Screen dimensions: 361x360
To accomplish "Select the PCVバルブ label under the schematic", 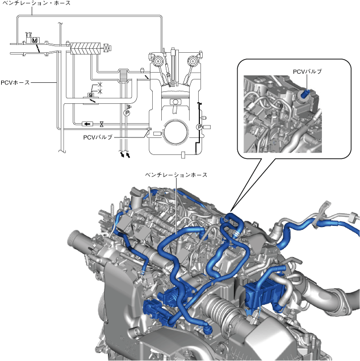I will coord(98,137).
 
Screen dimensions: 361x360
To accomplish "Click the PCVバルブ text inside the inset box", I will coord(307,72).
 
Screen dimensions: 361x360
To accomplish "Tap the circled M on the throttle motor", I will coord(35,41).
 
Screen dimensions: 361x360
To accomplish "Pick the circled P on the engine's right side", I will coord(199,127).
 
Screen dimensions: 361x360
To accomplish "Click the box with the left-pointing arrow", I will coord(87,124).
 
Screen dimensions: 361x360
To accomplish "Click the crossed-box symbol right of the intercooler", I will coord(106,48).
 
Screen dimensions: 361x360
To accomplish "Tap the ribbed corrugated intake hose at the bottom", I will coord(219,311).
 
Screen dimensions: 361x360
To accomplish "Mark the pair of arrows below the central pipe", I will coord(124,154).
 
